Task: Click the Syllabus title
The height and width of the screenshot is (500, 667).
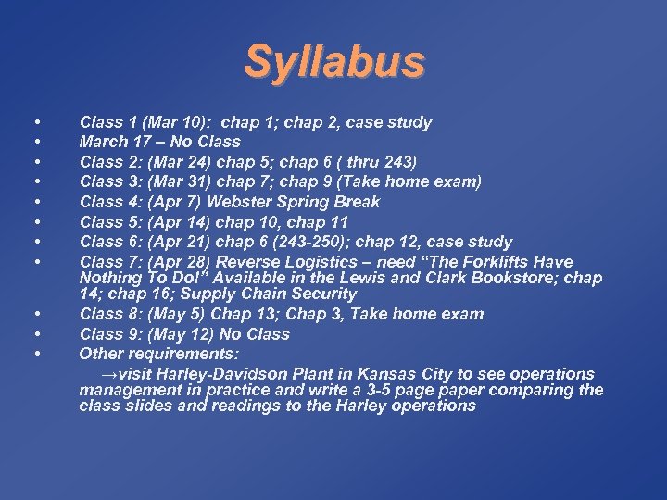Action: (x=334, y=62)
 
